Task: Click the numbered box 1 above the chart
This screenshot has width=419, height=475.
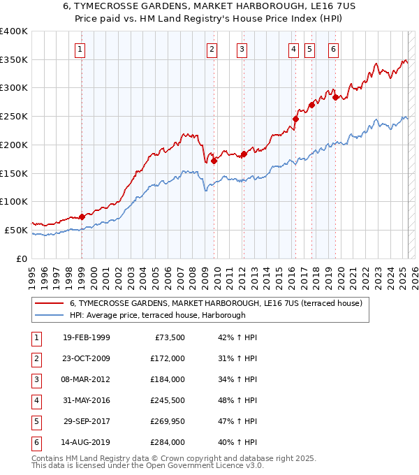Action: pyautogui.click(x=81, y=49)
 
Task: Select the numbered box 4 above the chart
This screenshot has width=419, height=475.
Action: pyautogui.click(x=294, y=49)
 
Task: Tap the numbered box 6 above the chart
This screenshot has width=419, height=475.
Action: pyautogui.click(x=334, y=49)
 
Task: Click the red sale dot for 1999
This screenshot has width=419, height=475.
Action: pyautogui.click(x=82, y=217)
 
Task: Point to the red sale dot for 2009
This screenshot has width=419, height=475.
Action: pyautogui.click(x=214, y=161)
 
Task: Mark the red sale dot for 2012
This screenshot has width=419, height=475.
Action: pyautogui.click(x=244, y=154)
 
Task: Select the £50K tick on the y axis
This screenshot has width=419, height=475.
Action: pyautogui.click(x=17, y=230)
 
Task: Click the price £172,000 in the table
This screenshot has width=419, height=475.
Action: pyautogui.click(x=168, y=358)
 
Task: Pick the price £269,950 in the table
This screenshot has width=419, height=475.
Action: pyautogui.click(x=168, y=421)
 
